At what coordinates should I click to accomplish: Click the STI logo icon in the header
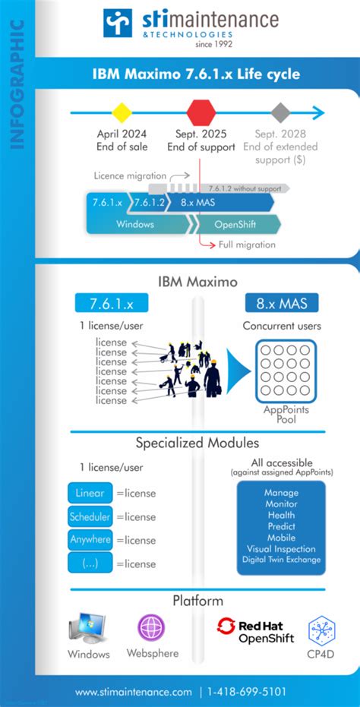(x=118, y=23)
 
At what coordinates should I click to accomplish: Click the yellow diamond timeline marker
(x=122, y=113)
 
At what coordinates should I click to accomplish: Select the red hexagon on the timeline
(x=201, y=113)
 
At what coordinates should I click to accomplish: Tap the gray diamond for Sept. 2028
(x=281, y=113)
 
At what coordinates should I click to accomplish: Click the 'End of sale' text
(x=122, y=147)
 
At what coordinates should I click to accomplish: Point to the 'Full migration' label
(x=247, y=245)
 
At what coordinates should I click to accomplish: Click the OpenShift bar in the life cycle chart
(x=235, y=224)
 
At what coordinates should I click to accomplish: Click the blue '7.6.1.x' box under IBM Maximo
(x=111, y=303)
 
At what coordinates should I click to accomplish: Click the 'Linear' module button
(x=90, y=493)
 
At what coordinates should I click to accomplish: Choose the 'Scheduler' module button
(x=90, y=516)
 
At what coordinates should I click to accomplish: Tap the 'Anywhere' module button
(x=90, y=540)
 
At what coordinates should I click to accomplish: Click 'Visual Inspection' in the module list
(x=281, y=548)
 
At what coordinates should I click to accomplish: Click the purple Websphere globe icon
(x=150, y=627)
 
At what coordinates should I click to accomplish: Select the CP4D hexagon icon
(x=322, y=630)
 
